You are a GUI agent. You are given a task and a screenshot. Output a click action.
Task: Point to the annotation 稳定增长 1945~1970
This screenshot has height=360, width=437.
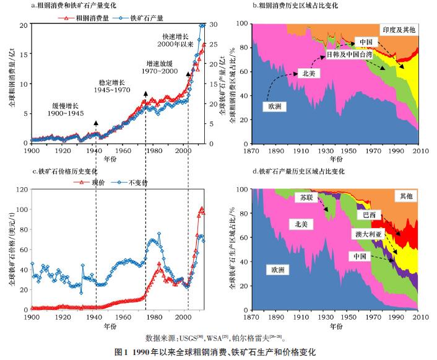(x=114, y=86)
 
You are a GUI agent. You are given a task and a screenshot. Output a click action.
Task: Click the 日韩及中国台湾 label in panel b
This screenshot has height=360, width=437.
(x=352, y=55)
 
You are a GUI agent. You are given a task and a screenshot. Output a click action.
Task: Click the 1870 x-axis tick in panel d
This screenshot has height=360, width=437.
(x=253, y=317)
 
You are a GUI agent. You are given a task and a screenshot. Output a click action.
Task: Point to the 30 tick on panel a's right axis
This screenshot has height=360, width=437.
(x=212, y=25)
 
